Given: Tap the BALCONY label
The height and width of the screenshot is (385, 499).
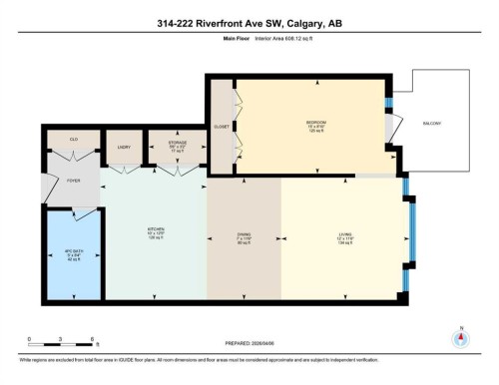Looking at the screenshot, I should tap(432, 123).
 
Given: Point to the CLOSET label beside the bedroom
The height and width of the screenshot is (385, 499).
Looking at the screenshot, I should tap(221, 128).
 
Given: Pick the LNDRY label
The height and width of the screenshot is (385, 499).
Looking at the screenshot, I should tap(124, 147).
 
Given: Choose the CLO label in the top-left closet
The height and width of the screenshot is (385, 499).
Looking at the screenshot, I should tap(73, 140).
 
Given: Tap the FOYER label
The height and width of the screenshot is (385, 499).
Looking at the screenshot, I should tap(73, 182).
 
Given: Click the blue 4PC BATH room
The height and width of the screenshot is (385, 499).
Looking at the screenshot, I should tap(72, 254).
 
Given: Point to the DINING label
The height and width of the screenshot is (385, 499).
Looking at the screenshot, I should tap(244, 237).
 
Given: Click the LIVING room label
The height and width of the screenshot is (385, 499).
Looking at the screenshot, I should tap(344, 237).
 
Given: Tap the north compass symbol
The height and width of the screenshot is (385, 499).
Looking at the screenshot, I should tap(461, 336).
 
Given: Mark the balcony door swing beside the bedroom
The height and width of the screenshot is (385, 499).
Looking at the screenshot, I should tap(395, 127).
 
